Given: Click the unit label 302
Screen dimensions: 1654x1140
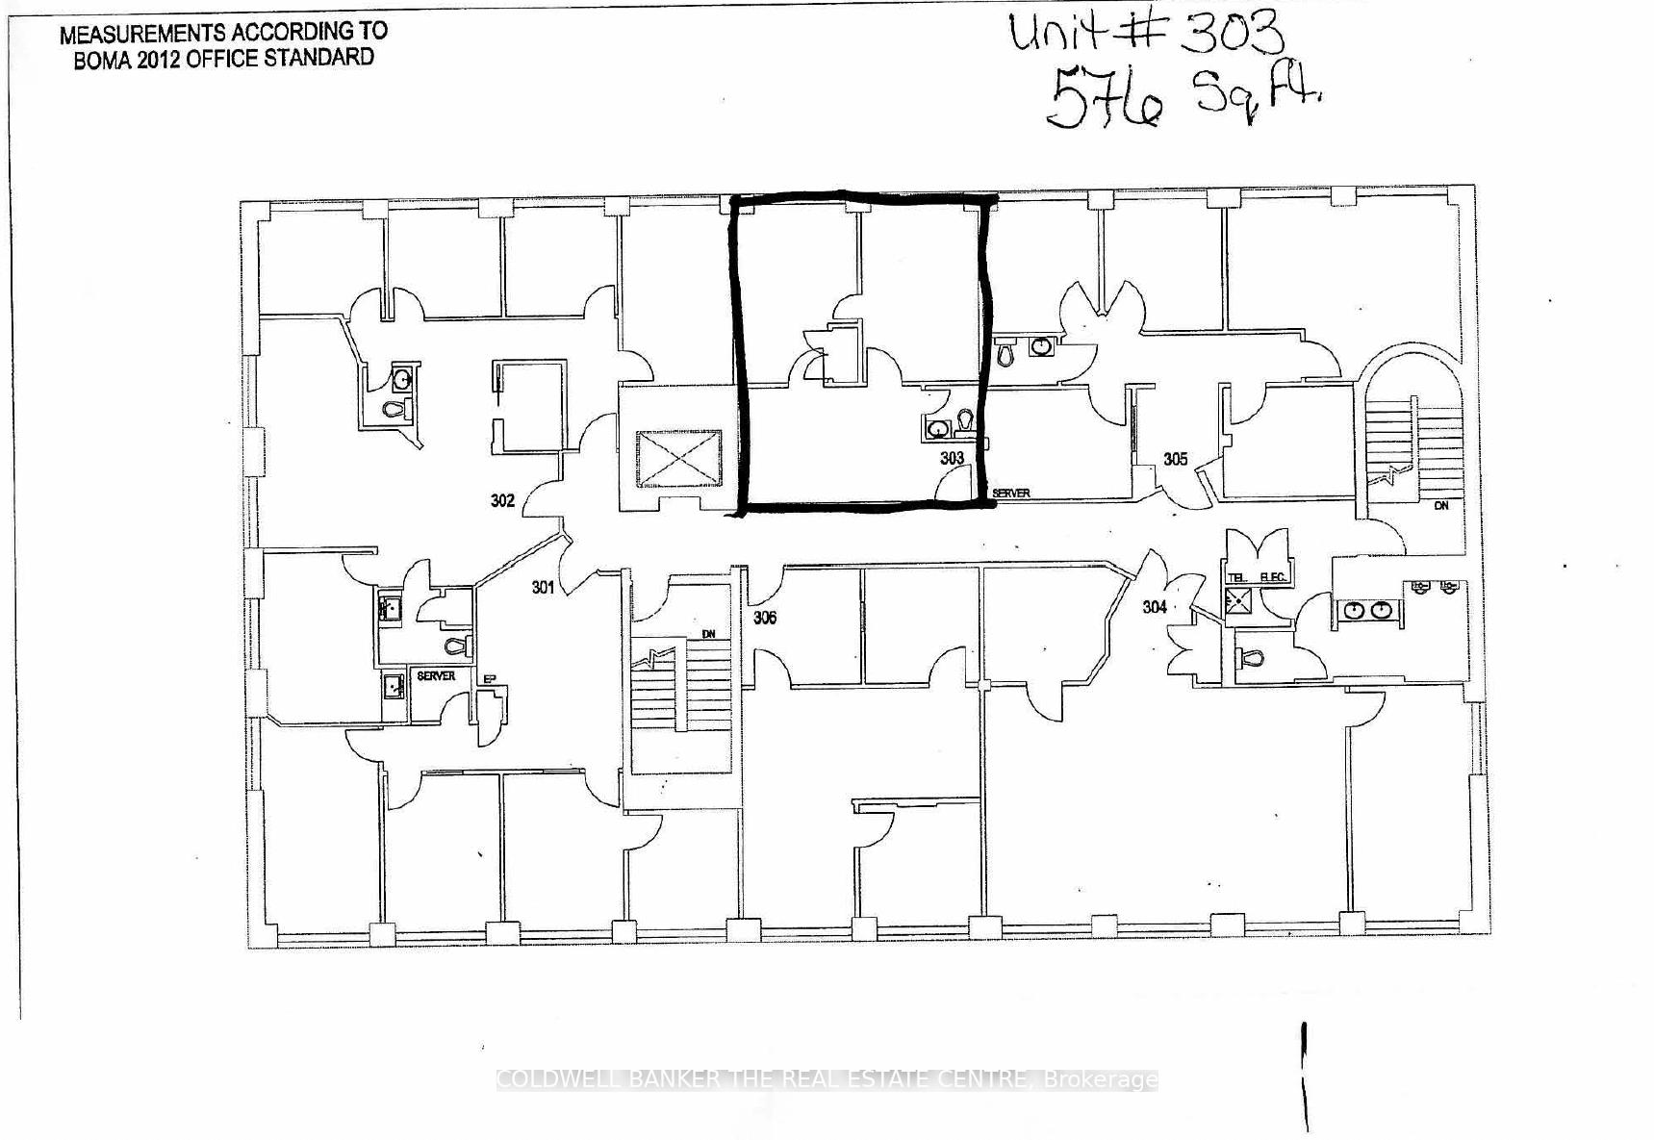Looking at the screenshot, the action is pos(502,500).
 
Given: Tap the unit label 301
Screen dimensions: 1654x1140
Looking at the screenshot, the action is pos(544,586).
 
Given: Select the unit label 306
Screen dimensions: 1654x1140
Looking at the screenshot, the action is pos(765,618).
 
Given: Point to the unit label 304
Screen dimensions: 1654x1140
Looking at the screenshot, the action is pos(1155,606).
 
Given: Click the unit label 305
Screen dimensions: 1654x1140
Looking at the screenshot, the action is pos(1176,459).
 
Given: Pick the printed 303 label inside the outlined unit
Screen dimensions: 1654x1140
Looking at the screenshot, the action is pos(952,458).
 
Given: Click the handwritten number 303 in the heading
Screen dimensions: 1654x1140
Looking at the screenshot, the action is pos(1232,34).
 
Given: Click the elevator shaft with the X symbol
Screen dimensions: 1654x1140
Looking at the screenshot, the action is pos(677,459).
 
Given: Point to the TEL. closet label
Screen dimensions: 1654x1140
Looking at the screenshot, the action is pos(1237,577).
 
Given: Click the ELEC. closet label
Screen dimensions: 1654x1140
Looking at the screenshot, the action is pos(1273,577).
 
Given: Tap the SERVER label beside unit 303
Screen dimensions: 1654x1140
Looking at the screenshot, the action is pos(1011,494).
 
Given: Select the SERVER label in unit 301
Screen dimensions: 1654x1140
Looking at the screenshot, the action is pos(436,676).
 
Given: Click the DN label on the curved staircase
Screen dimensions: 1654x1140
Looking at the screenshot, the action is pos(1440,505).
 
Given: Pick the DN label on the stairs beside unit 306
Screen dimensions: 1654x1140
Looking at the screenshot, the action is pos(709,634).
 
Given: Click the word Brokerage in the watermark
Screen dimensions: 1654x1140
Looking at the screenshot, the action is pos(1101,1079).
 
